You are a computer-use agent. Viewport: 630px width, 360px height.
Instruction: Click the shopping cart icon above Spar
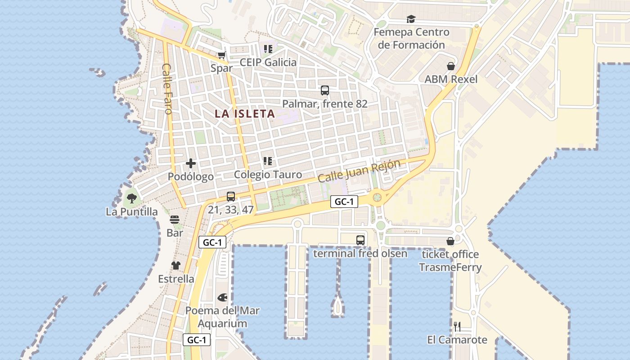[221, 55]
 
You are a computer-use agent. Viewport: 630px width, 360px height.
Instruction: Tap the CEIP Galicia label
[268, 62]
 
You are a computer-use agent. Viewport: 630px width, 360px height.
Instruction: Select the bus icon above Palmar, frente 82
[325, 90]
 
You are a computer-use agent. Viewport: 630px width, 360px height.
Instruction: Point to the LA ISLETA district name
[245, 113]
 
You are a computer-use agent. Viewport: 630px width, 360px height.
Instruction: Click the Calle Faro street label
[167, 89]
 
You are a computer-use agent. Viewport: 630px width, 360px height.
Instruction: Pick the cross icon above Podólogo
[191, 163]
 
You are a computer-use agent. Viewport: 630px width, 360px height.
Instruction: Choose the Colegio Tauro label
[268, 175]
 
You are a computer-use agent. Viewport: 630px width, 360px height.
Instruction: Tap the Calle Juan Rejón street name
[359, 171]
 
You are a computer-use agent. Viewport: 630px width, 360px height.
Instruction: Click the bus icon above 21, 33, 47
[231, 197]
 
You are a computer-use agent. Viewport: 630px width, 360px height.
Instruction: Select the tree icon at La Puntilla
[131, 198]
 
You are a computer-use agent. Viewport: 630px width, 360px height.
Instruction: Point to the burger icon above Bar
[175, 220]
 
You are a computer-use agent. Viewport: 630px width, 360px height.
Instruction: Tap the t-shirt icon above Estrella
[176, 265]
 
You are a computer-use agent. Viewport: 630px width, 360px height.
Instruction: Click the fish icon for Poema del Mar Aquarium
[222, 297]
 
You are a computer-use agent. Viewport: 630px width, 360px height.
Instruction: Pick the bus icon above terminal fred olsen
[360, 240]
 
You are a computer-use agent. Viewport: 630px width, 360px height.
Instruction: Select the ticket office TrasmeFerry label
[450, 261]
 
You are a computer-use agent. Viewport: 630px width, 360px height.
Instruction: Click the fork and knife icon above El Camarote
[457, 326]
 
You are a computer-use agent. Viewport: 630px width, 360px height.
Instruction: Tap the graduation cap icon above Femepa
[411, 19]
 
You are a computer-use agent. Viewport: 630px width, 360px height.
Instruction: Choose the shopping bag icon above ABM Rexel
[451, 66]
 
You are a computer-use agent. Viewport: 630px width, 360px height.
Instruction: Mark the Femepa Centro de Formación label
[411, 38]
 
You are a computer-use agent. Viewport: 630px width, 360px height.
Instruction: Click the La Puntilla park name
[132, 211]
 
